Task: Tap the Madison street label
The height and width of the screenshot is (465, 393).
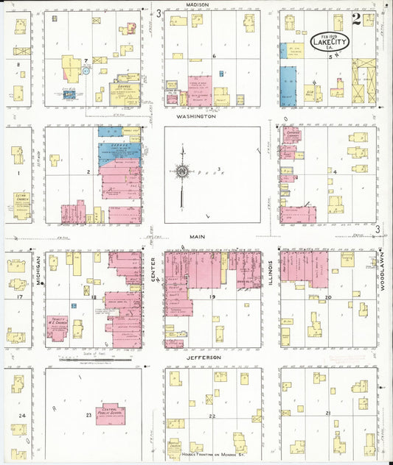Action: [198, 4]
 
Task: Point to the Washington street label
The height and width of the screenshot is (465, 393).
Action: [197, 116]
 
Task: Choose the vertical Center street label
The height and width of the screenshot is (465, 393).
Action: [153, 272]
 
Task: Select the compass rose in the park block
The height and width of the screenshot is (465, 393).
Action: [181, 172]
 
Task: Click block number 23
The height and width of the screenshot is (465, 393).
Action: [89, 416]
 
